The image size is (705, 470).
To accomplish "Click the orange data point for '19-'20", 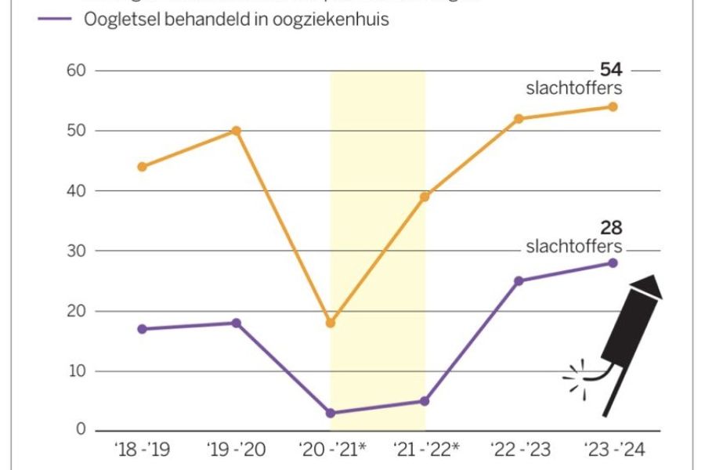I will point(236,131).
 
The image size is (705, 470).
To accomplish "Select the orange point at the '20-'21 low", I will point(331,323).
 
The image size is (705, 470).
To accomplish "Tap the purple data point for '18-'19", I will point(142,329).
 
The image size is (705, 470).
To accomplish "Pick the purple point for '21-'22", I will point(425,401).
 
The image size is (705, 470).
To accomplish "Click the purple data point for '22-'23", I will point(519,280).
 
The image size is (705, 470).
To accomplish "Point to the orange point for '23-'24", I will point(613,107).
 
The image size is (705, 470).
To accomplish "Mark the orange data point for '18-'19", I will point(142,167).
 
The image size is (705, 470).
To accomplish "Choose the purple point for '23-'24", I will point(613,263).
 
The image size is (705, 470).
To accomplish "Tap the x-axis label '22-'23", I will point(519,450).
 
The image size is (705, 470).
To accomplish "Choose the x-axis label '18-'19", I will point(143,450).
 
